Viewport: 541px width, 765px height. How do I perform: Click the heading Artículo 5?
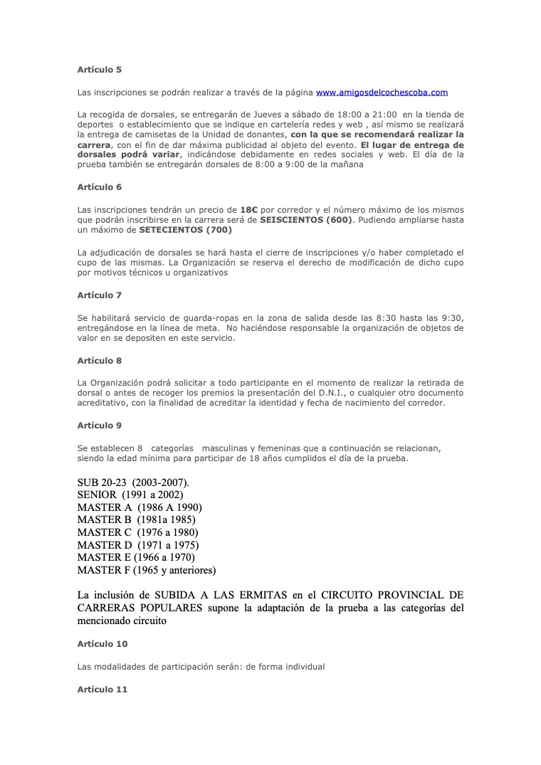(99, 70)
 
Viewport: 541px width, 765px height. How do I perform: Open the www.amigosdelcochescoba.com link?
(382, 93)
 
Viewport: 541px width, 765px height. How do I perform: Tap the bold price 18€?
(248, 210)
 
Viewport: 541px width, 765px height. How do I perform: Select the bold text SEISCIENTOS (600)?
(305, 220)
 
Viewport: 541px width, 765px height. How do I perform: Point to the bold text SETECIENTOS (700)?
(185, 230)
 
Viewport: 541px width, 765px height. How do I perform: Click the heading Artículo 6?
(99, 187)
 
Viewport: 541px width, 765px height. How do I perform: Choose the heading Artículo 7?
(99, 295)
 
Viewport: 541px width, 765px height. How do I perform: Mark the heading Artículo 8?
(99, 361)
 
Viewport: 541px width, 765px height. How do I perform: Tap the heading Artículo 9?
(99, 426)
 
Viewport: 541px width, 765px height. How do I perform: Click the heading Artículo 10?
(102, 644)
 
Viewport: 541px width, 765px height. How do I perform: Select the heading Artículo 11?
(102, 689)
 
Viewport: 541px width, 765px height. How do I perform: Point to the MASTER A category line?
(140, 507)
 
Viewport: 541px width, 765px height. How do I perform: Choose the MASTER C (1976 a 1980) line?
(137, 532)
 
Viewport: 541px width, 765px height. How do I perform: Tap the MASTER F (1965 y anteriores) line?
(146, 570)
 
